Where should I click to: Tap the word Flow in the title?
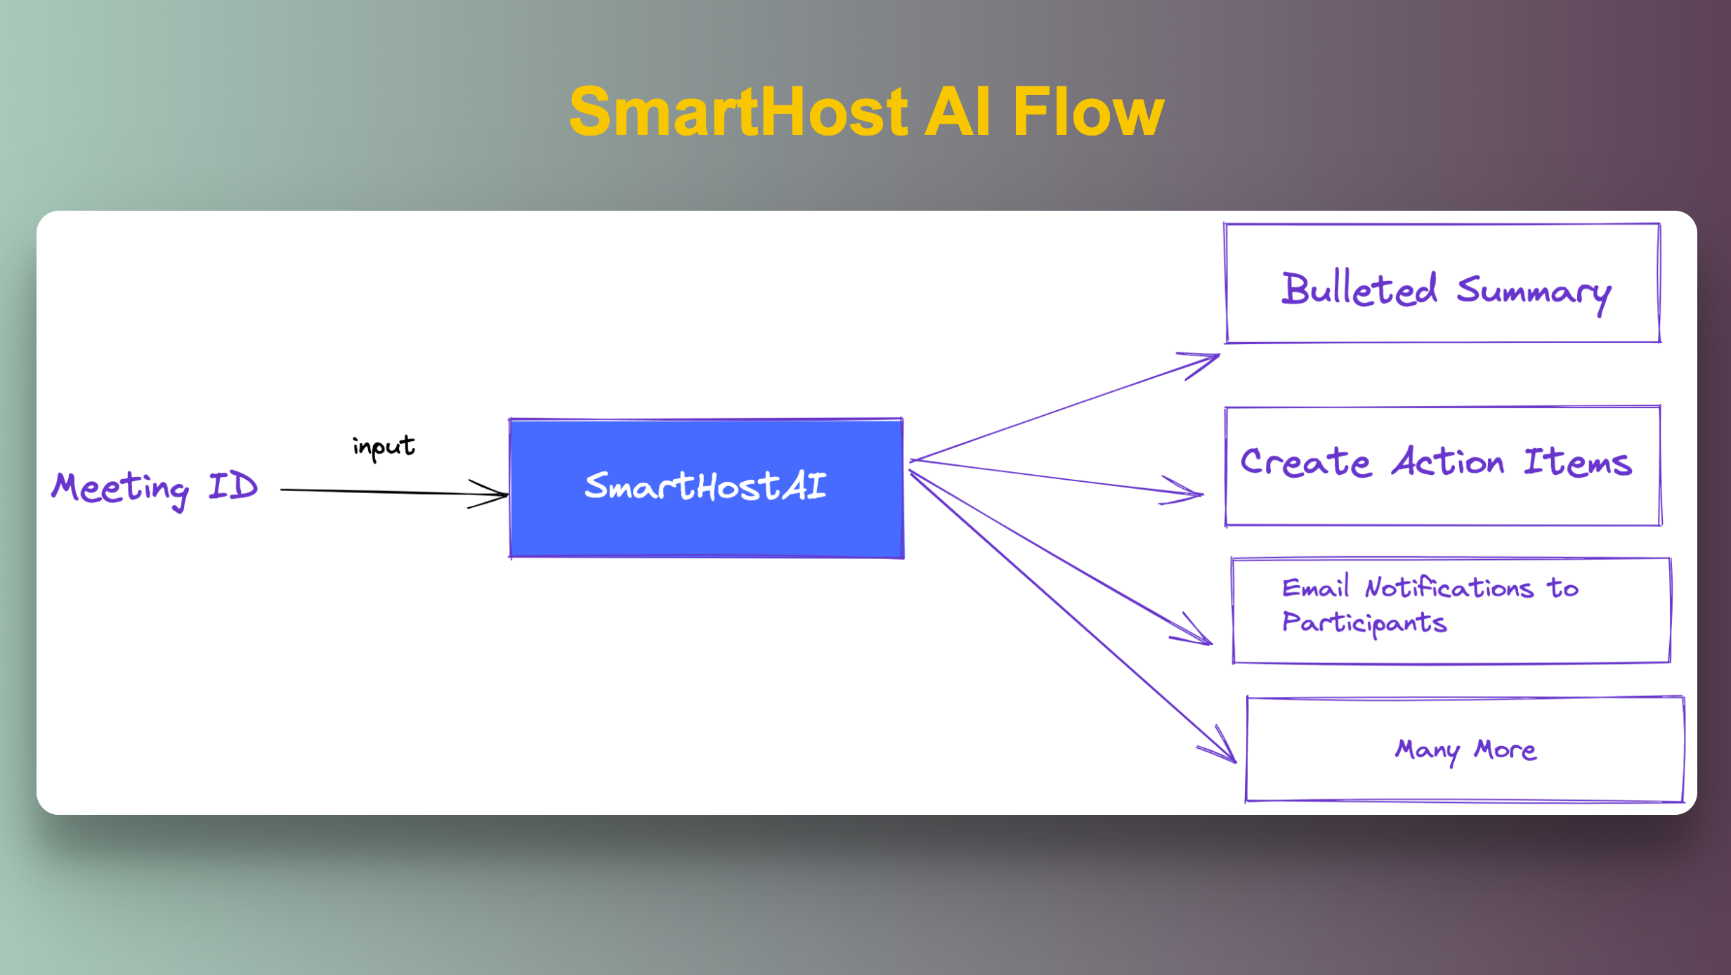coord(1088,111)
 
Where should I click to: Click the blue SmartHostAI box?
coord(706,488)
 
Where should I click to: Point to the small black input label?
coord(384,447)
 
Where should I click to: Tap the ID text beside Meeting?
coord(233,486)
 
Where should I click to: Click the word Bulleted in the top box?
coord(1359,289)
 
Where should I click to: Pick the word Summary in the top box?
coord(1534,294)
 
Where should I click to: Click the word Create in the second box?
coord(1305,462)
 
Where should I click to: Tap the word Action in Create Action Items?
coord(1448,462)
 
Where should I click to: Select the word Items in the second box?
coord(1578,462)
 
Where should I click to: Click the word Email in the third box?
coord(1316,587)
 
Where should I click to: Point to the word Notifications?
coord(1449,587)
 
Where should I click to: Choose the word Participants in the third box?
coord(1364,623)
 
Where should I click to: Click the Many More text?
coord(1465,750)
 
